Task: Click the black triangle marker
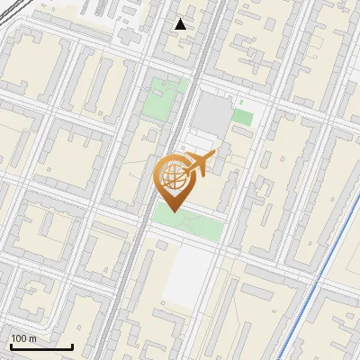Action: coord(181,23)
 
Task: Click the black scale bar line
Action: coord(40,346)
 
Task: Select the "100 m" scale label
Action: coord(23,338)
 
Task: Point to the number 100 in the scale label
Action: coord(19,338)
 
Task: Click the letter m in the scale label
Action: coord(32,338)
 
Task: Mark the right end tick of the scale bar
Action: coord(72,344)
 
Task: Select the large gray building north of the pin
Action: coord(212,113)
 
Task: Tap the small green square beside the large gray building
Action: coord(241,116)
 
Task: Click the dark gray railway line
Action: coord(135,261)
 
